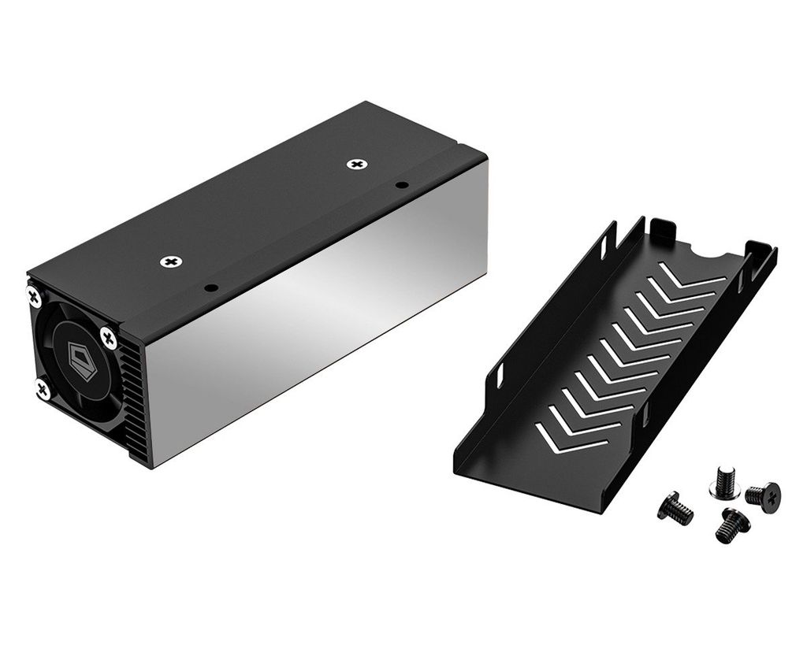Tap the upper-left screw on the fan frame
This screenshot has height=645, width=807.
(x=34, y=297)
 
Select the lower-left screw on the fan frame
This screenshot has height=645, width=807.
(x=42, y=388)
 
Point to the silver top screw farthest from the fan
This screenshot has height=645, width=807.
(x=358, y=164)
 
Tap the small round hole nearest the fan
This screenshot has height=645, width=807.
(x=210, y=287)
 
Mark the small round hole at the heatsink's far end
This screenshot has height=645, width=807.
(x=402, y=185)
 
